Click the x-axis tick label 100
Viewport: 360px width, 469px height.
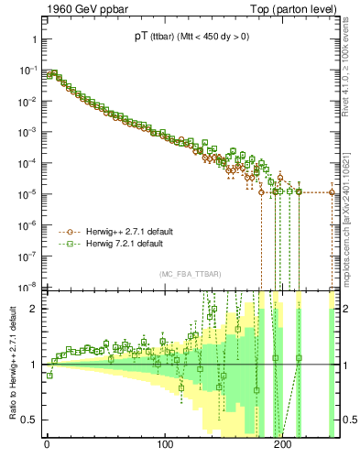tap(165, 448)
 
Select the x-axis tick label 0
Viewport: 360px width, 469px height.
tap(47, 448)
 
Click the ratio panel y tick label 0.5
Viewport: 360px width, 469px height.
tap(27, 420)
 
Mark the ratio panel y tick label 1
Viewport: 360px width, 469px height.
tap(31, 365)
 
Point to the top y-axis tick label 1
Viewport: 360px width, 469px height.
tap(31, 40)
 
